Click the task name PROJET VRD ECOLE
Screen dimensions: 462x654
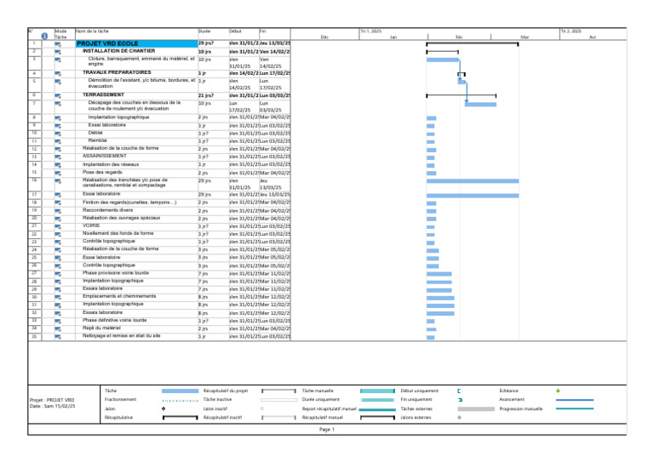pyautogui.click(x=108, y=43)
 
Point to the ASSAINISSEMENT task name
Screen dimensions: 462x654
pyautogui.click(x=105, y=157)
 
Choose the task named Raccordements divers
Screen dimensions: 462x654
pyautogui.click(x=108, y=209)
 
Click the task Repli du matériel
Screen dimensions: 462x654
pyautogui.click(x=101, y=328)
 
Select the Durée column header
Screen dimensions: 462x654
pyautogui.click(x=204, y=31)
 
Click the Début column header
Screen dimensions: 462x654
pyautogui.click(x=236, y=31)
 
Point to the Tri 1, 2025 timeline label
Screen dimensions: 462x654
pyautogui.click(x=371, y=31)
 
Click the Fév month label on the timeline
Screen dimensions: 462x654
pyautogui.click(x=459, y=37)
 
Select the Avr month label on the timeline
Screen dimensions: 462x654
pyautogui.click(x=593, y=37)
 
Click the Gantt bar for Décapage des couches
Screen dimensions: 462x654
pyautogui.click(x=480, y=104)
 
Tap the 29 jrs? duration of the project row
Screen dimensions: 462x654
pyautogui.click(x=205, y=43)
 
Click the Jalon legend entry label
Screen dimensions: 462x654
pyautogui.click(x=110, y=408)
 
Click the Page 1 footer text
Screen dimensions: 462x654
pyautogui.click(x=327, y=430)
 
